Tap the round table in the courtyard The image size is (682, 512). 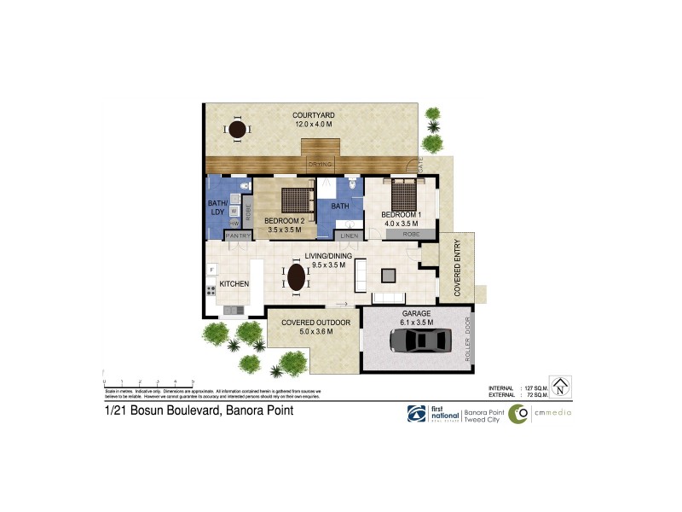238,130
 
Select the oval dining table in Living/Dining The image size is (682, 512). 295,278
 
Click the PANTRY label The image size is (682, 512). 237,235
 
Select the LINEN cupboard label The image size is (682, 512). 348,235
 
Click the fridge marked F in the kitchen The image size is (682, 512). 211,271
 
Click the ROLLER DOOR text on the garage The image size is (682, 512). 467,341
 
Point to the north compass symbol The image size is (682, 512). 560,387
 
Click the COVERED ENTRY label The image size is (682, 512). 457,267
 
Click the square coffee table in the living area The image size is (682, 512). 389,275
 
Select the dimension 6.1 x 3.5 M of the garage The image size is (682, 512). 418,322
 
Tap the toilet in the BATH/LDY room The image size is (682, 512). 246,185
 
